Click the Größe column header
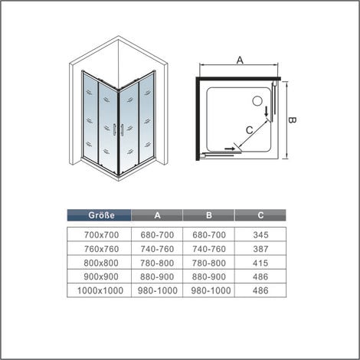101,215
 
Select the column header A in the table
157,215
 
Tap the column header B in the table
209,215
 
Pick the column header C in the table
260,215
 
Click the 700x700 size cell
102,235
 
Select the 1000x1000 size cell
100,290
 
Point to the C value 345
260,235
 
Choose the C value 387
260,249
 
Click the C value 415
260,263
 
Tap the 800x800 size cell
101,263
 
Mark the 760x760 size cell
102,249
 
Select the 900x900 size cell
101,277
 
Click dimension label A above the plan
240,61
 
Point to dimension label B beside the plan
293,120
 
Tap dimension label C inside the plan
249,130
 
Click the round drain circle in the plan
258,100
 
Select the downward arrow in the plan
267,112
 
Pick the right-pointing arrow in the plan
230,149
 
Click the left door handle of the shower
114,130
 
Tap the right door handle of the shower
123,130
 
